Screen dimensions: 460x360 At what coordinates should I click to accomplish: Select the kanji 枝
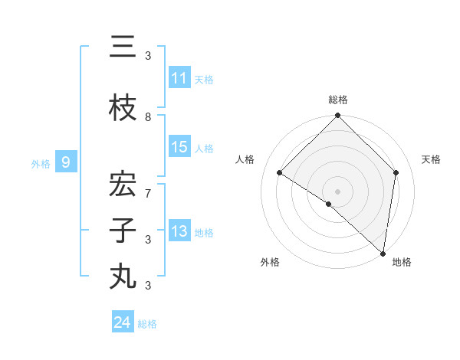(x=123, y=110)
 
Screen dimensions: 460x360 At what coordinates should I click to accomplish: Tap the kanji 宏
(x=123, y=186)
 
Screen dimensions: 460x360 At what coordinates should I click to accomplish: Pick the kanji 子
(x=123, y=231)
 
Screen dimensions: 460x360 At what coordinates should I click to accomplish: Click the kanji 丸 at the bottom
(x=123, y=277)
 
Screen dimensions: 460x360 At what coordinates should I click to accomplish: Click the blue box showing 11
(x=179, y=78)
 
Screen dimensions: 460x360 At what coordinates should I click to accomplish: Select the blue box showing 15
(x=179, y=148)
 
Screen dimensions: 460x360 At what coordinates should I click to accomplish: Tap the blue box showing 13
(x=179, y=232)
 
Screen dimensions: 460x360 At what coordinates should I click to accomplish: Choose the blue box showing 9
(x=66, y=162)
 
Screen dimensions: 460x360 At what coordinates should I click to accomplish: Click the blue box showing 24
(x=123, y=322)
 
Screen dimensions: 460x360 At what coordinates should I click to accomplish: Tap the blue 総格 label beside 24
(x=147, y=324)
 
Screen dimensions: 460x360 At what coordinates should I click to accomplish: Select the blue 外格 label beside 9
(x=41, y=163)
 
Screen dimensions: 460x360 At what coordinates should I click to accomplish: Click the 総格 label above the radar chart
(x=338, y=100)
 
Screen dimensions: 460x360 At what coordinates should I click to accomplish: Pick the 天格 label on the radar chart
(x=432, y=159)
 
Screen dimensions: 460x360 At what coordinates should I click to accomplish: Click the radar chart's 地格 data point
(x=383, y=253)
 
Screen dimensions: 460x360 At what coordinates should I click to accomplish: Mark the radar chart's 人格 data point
(x=280, y=173)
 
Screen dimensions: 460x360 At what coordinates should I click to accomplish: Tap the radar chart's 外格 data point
(x=329, y=204)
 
